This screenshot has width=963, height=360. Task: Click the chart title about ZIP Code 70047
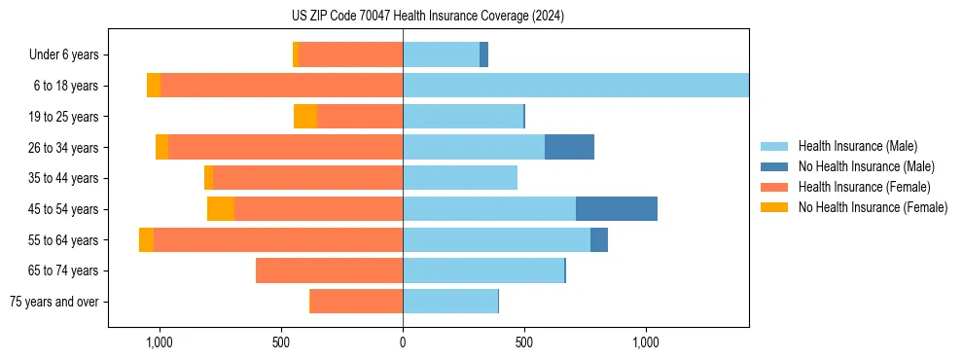click(427, 17)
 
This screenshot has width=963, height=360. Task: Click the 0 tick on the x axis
click(403, 342)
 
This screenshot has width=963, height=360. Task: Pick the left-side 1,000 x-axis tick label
click(159, 342)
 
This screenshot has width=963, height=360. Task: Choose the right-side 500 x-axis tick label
click(524, 342)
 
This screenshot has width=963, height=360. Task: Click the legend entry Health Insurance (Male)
click(857, 146)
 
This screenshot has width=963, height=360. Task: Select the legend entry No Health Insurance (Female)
click(873, 207)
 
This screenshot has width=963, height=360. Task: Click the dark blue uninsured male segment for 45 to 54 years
click(616, 209)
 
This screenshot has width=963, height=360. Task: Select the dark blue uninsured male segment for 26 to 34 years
click(569, 148)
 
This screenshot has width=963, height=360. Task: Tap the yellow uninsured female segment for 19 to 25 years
click(305, 117)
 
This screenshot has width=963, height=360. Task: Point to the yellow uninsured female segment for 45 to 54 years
click(221, 209)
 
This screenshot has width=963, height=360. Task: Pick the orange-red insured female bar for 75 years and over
click(356, 302)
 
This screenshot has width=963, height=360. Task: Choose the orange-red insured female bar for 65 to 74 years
click(329, 270)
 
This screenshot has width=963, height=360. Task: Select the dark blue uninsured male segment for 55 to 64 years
click(599, 240)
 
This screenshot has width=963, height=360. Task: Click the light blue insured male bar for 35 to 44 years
click(460, 178)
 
